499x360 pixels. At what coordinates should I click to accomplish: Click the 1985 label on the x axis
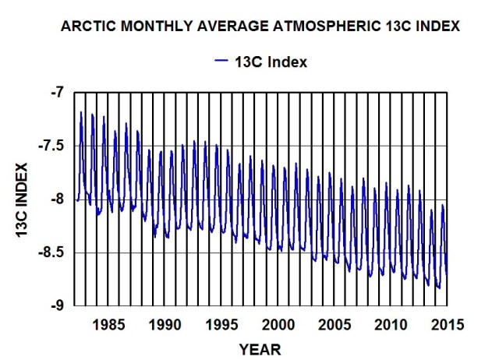[x=109, y=323]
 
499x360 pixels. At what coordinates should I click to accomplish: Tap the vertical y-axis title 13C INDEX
[x=21, y=199]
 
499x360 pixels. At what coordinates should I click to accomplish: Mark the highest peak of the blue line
[x=81, y=112]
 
